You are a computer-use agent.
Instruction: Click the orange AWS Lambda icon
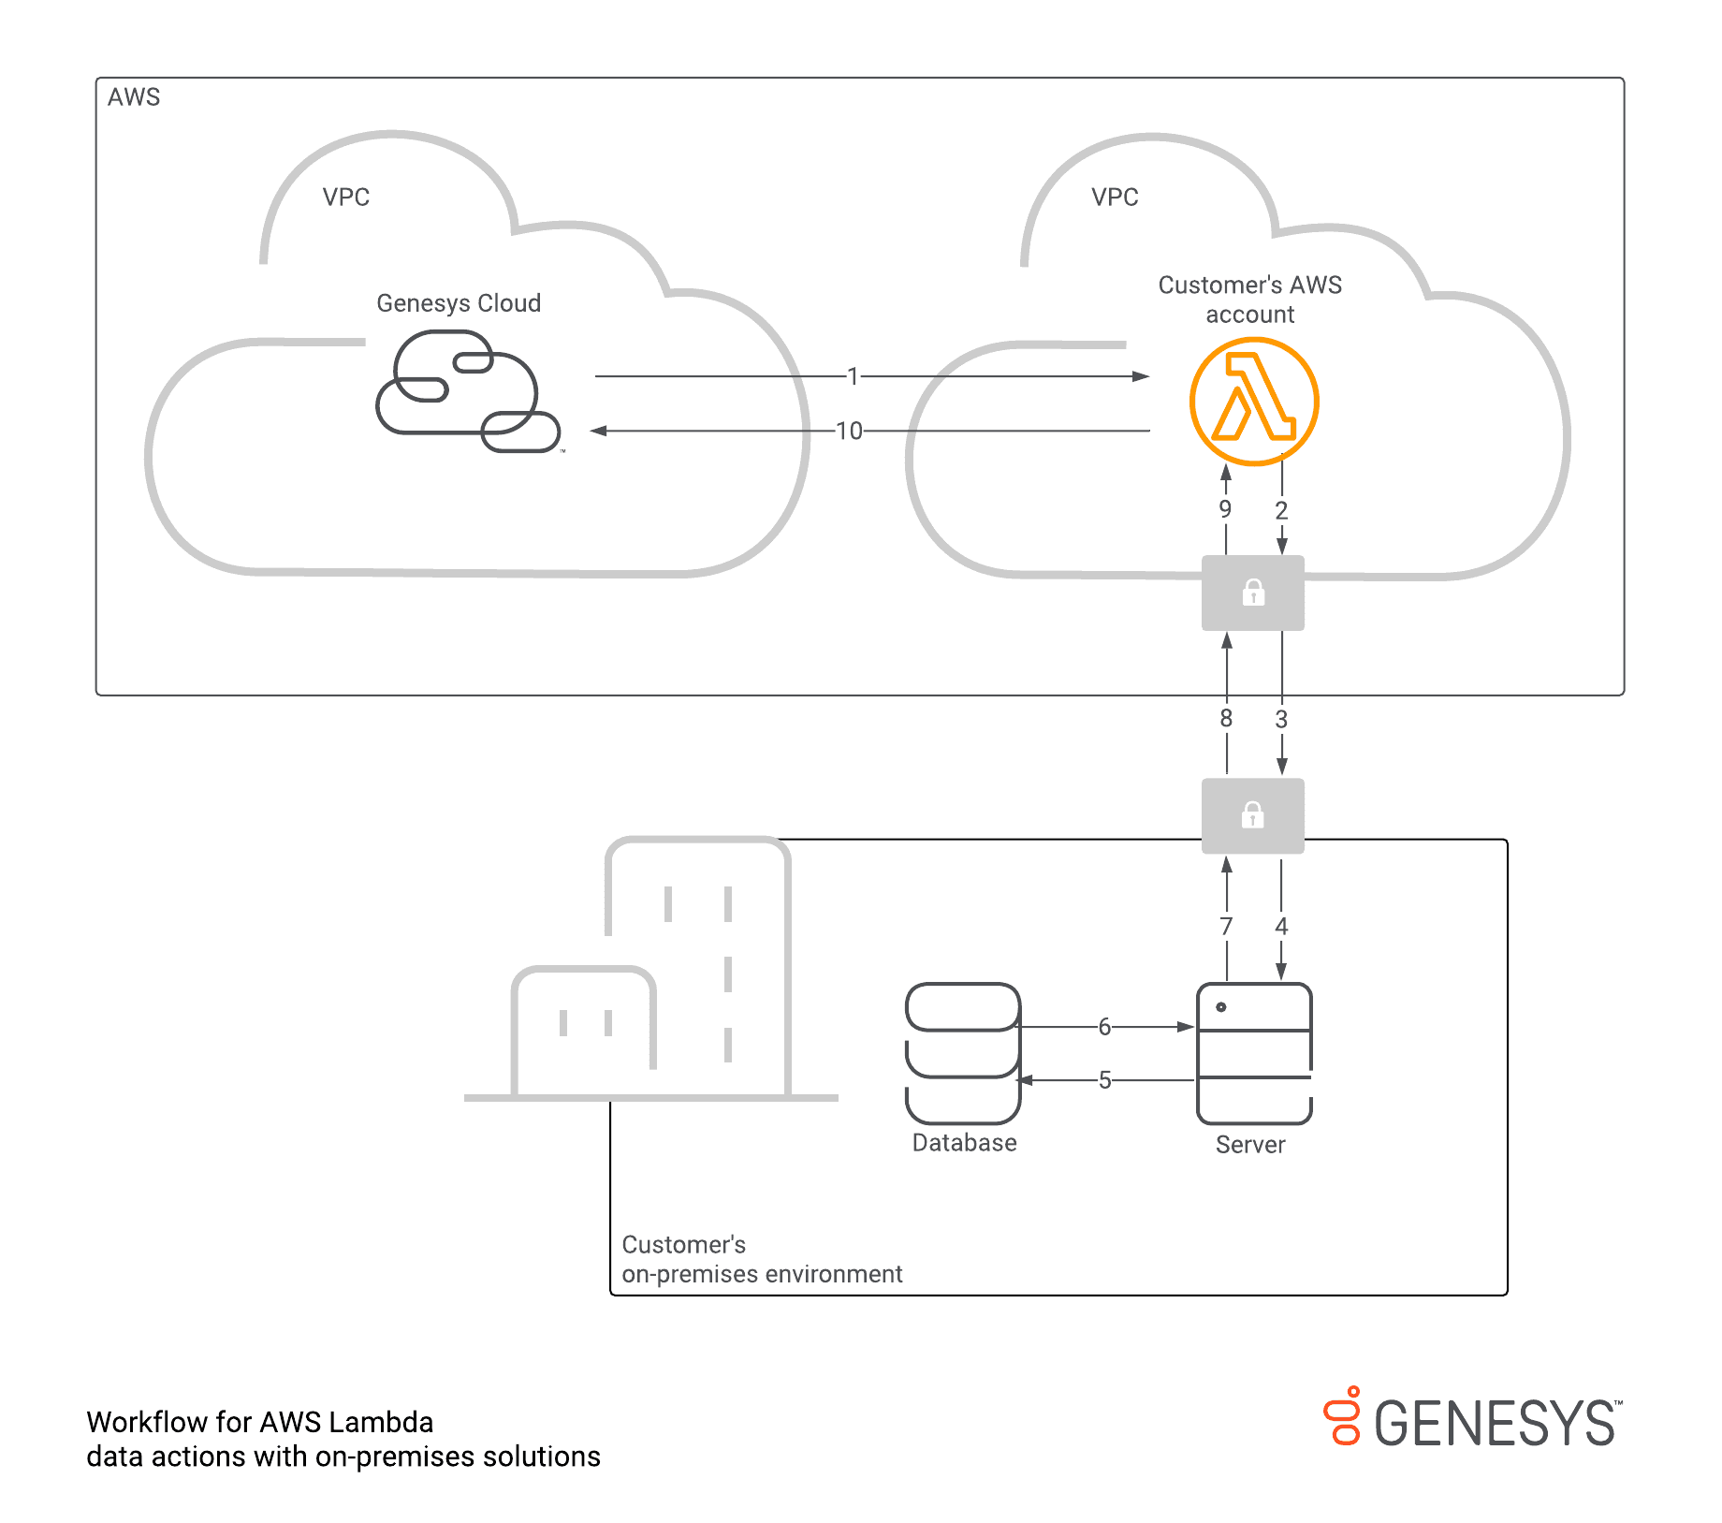tap(1253, 402)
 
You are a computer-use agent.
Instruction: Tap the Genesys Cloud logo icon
tap(467, 392)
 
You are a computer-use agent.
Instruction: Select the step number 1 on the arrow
tap(853, 376)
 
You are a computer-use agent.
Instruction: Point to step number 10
tap(849, 431)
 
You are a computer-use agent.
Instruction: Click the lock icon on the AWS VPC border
tap(1253, 593)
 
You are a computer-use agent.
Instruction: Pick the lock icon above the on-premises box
tap(1253, 815)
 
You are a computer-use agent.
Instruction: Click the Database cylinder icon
tap(963, 1052)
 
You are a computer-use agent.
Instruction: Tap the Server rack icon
tap(1254, 1052)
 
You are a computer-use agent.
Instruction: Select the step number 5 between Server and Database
tap(1104, 1080)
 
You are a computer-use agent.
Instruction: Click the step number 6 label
tap(1104, 1027)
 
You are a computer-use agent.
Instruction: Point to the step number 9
tap(1225, 509)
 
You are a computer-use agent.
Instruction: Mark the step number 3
tap(1281, 719)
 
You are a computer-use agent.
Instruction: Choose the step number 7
tap(1226, 926)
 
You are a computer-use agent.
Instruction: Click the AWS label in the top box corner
tap(134, 97)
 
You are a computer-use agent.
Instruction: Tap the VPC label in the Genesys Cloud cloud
tap(346, 198)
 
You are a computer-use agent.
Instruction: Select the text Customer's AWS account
tap(1249, 299)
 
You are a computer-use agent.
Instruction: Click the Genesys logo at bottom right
tap(1473, 1419)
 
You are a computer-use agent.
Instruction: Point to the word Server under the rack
tap(1250, 1145)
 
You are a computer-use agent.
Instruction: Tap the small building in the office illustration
tap(584, 1030)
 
